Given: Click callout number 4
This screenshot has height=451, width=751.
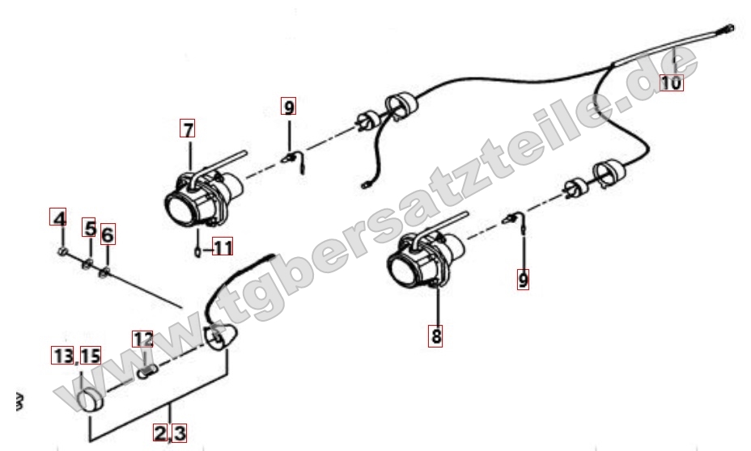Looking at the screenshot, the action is tap(58, 217).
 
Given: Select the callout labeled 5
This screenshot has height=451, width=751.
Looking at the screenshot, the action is tap(89, 228).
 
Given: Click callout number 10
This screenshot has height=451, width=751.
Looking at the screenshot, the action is tap(671, 82).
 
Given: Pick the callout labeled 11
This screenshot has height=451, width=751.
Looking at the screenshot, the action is tap(223, 247).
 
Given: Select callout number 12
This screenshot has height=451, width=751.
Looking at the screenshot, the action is tap(142, 339).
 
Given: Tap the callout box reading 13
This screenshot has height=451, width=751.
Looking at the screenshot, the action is tap(62, 356).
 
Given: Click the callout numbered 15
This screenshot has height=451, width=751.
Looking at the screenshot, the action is tap(90, 356).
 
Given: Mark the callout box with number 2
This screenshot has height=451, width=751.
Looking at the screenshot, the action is tap(160, 432).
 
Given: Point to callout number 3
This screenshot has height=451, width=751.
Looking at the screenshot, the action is tap(179, 432).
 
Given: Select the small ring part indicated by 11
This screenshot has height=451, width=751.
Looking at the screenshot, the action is tap(197, 251).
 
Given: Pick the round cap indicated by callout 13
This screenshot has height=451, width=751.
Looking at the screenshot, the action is tap(91, 400).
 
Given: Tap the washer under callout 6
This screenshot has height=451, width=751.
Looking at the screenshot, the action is tap(104, 272).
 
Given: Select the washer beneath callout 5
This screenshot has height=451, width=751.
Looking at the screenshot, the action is tap(87, 263).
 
